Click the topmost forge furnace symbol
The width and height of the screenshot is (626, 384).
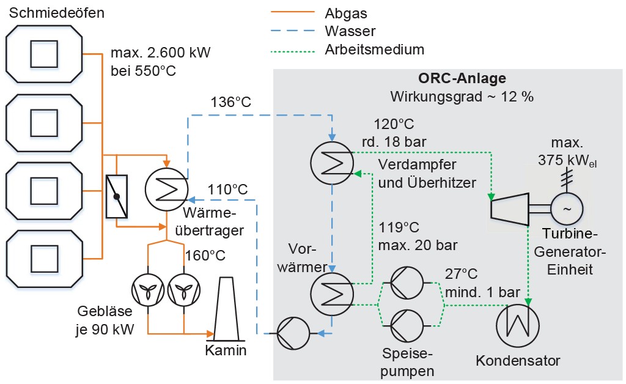pos(44,54)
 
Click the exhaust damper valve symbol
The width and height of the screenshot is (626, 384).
pos(117,196)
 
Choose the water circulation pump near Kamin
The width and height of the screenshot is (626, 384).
pos(290,334)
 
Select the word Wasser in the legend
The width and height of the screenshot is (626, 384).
pos(350,31)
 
